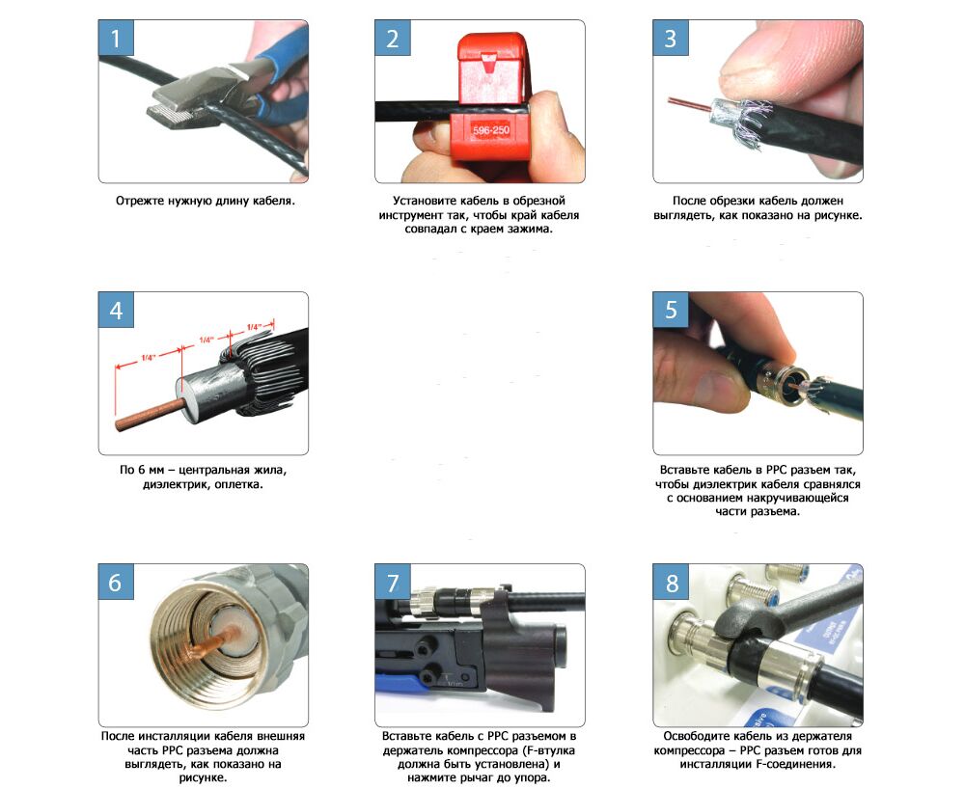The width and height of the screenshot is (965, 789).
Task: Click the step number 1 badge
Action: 116,39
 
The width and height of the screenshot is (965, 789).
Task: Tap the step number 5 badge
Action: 671,310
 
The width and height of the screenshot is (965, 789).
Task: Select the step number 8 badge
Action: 671,583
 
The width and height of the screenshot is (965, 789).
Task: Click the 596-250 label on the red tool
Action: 490,130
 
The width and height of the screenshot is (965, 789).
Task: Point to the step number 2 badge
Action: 393,39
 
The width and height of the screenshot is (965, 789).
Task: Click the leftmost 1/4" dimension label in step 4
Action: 148,357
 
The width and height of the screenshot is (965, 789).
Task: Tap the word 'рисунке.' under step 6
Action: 203,778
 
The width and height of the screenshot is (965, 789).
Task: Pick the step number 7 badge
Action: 393,583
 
